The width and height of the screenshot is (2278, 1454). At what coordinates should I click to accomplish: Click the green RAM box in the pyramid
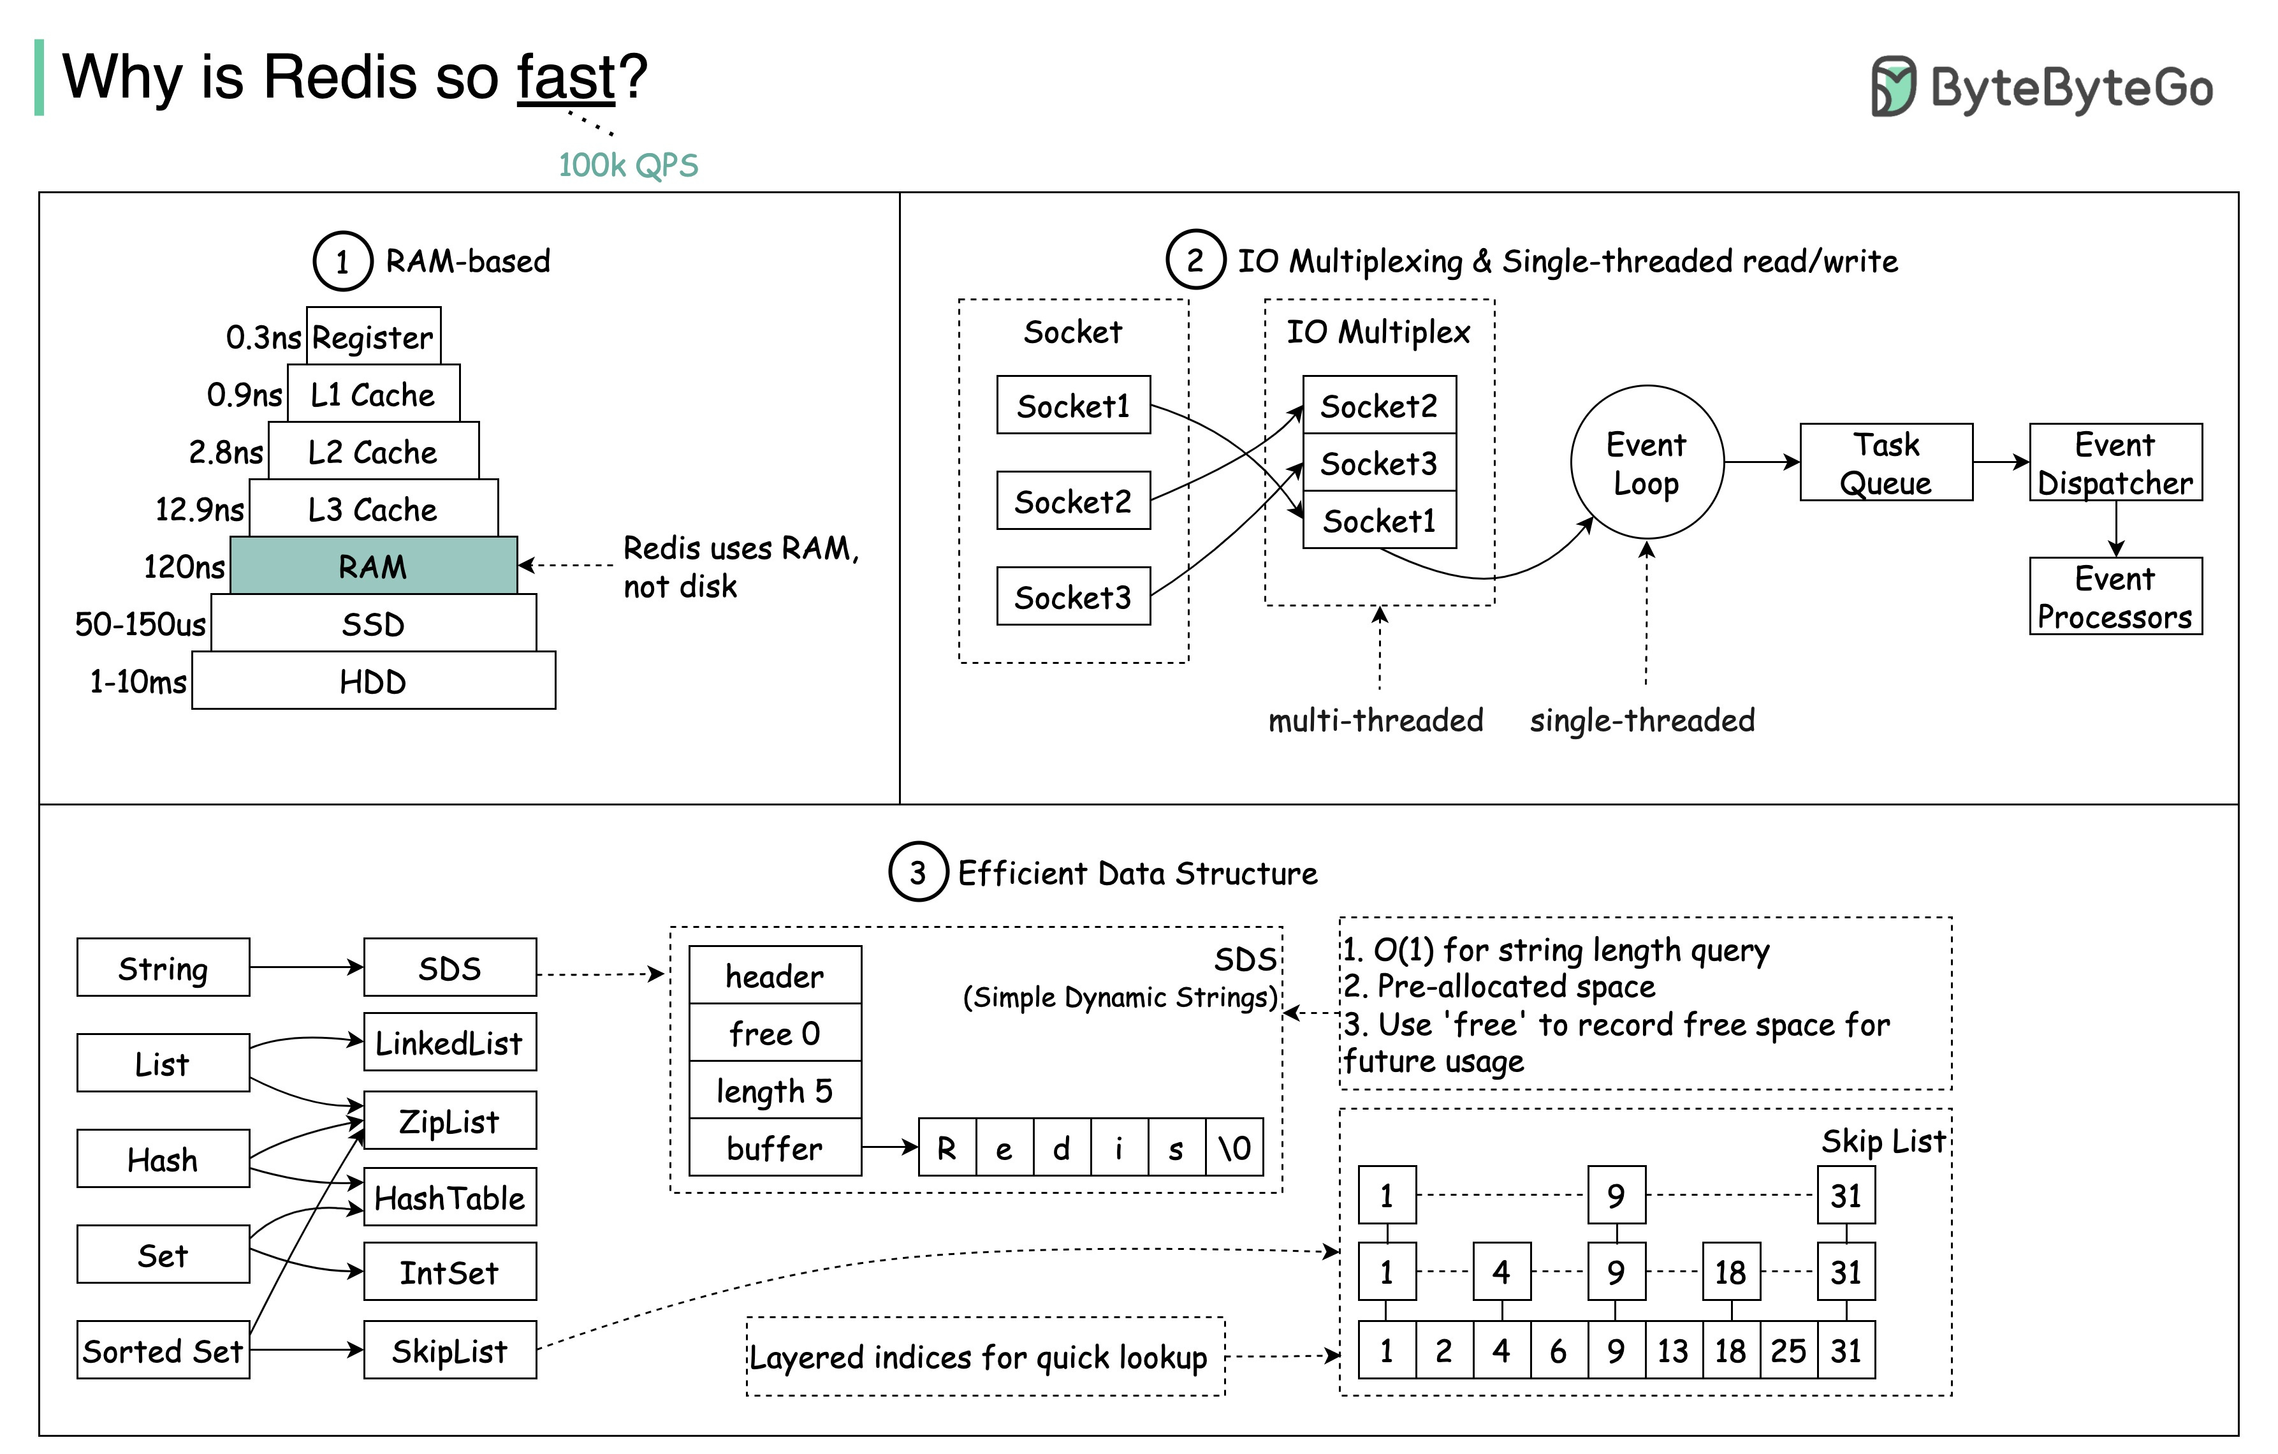374,566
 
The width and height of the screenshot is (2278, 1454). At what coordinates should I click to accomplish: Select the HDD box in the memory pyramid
374,681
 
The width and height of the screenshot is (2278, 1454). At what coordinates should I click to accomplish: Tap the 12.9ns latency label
200,510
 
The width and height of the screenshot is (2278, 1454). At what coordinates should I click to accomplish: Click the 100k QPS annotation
628,166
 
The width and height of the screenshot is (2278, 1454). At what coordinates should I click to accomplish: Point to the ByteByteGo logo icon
1893,86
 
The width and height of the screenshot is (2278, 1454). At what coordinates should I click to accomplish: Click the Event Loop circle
1646,462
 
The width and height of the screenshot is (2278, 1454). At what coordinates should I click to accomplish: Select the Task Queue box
1885,462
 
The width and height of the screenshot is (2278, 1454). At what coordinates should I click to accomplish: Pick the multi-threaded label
1375,721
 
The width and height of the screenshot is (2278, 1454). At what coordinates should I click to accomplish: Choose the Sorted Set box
163,1350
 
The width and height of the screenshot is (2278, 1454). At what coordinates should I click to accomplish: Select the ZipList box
449,1121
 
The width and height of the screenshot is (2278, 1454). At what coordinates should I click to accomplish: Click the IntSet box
449,1272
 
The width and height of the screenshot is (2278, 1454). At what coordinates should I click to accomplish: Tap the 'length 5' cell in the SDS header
775,1090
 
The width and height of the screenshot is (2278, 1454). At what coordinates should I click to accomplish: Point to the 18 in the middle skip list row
1730,1272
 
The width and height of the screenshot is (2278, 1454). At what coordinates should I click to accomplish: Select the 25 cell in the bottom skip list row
1788,1350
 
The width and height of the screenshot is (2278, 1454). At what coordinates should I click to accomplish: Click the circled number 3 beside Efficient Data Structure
917,872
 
